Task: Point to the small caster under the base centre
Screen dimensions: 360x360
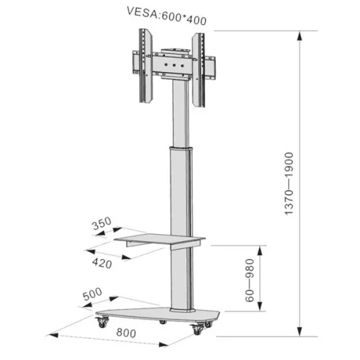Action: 164,320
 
